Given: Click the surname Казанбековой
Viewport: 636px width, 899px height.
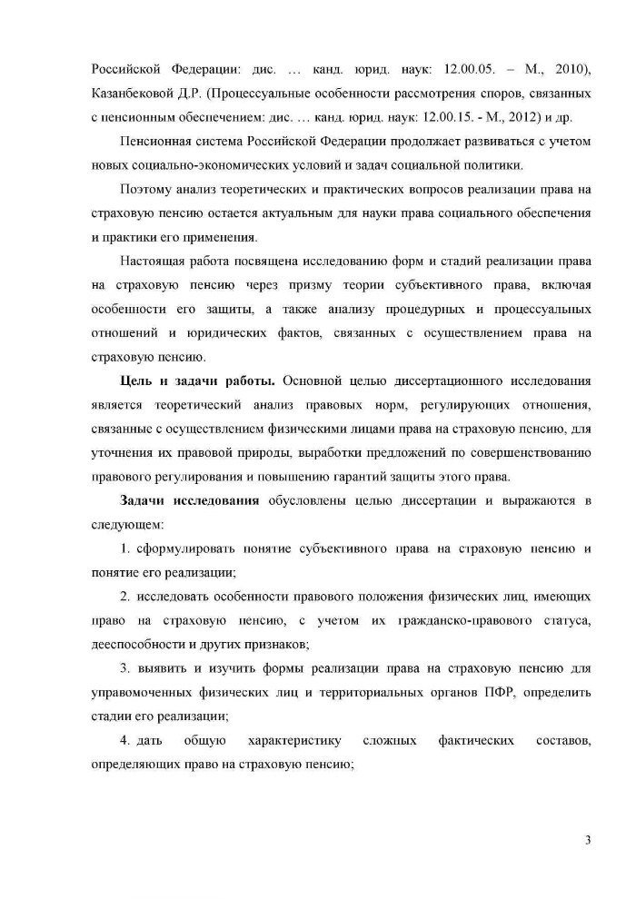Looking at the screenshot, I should point(134,94).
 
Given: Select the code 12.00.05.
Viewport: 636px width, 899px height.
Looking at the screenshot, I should point(448,70).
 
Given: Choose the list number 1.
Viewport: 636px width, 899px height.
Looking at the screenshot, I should point(124,548).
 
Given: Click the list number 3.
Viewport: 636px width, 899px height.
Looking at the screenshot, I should point(125,668).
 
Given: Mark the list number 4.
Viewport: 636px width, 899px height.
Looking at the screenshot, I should point(125,740).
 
